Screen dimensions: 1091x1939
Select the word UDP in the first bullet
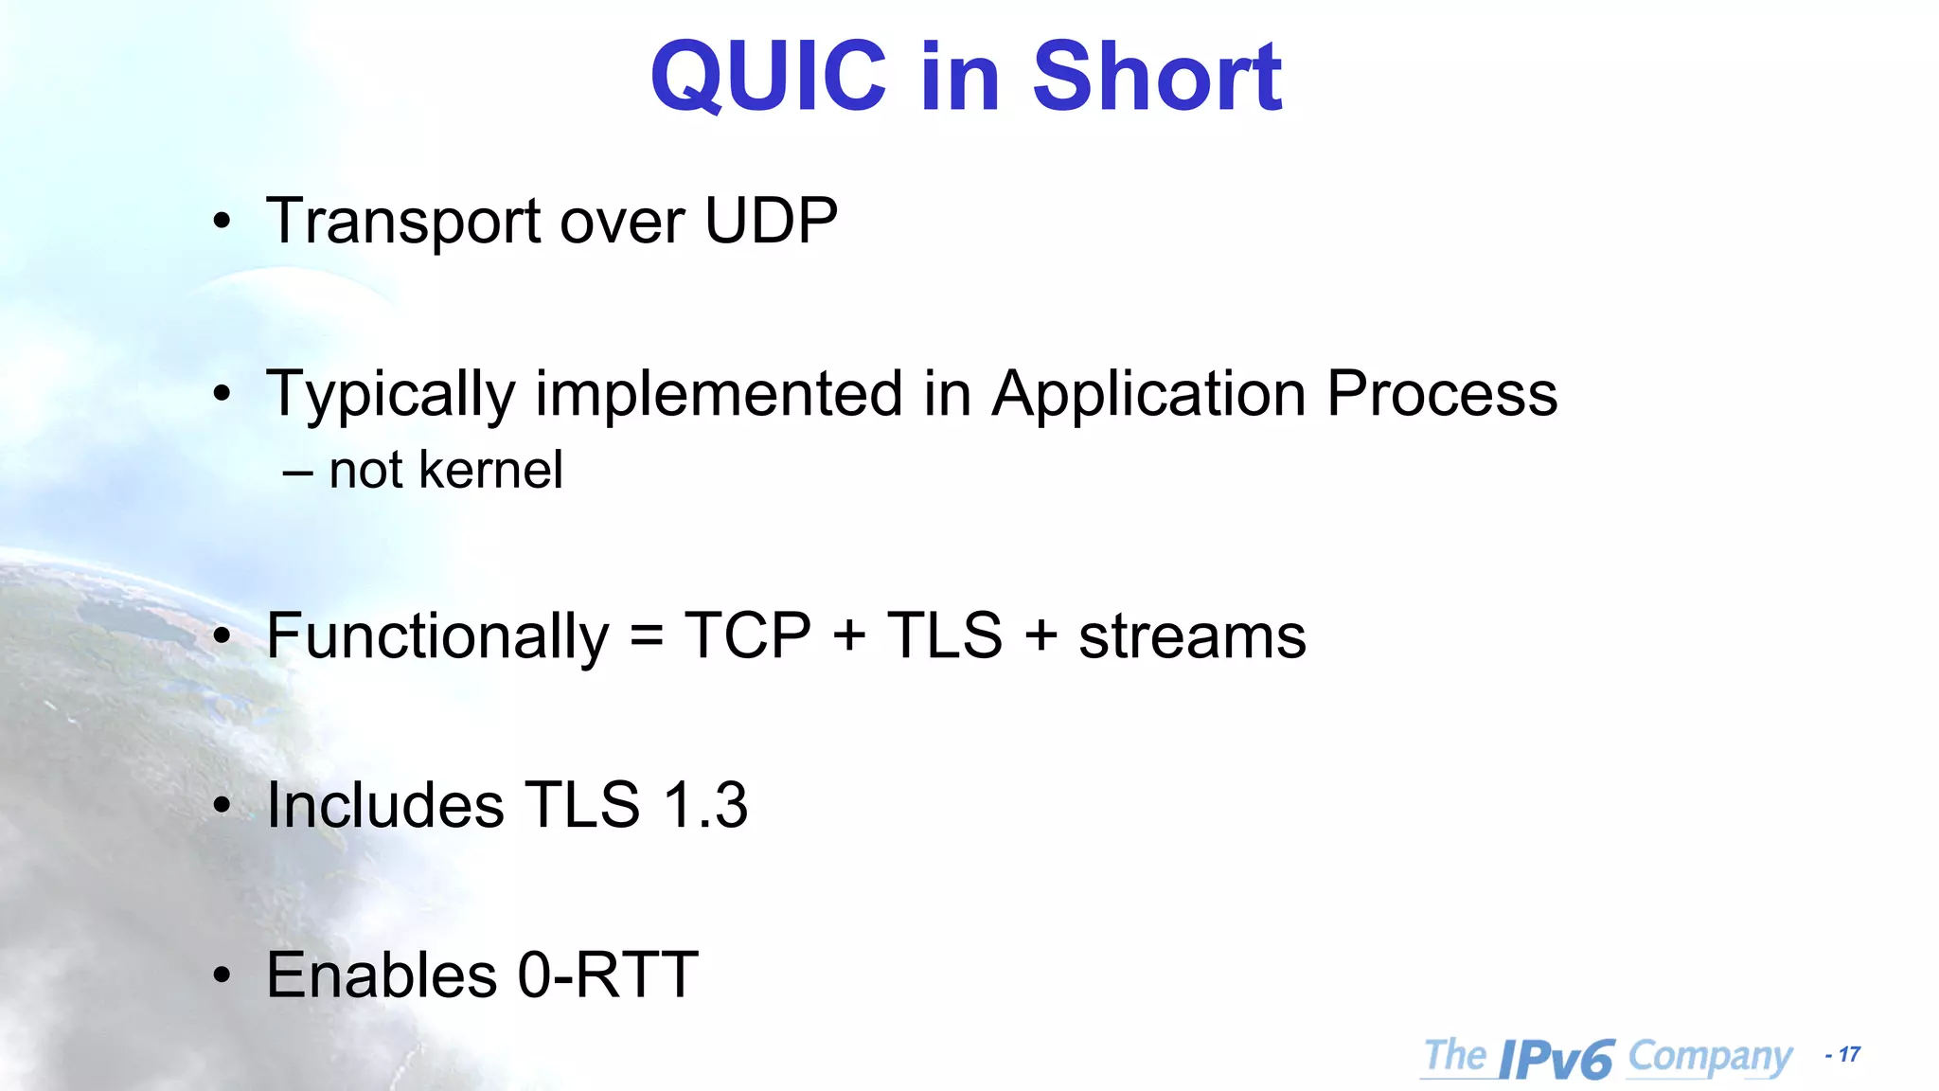(x=771, y=221)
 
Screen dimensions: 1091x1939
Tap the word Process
(x=1441, y=393)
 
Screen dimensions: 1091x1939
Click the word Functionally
(x=437, y=636)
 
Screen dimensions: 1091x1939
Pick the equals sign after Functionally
(x=647, y=636)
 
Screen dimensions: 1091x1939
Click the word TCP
(x=748, y=635)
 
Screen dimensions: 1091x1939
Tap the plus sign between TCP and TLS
(x=849, y=635)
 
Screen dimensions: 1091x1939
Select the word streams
(x=1192, y=636)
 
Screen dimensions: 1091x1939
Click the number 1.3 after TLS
(x=705, y=806)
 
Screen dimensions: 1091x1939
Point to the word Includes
(x=384, y=806)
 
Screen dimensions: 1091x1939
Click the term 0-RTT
(x=608, y=975)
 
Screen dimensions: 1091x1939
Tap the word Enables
(x=381, y=975)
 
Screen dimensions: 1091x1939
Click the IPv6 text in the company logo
(x=1556, y=1059)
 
